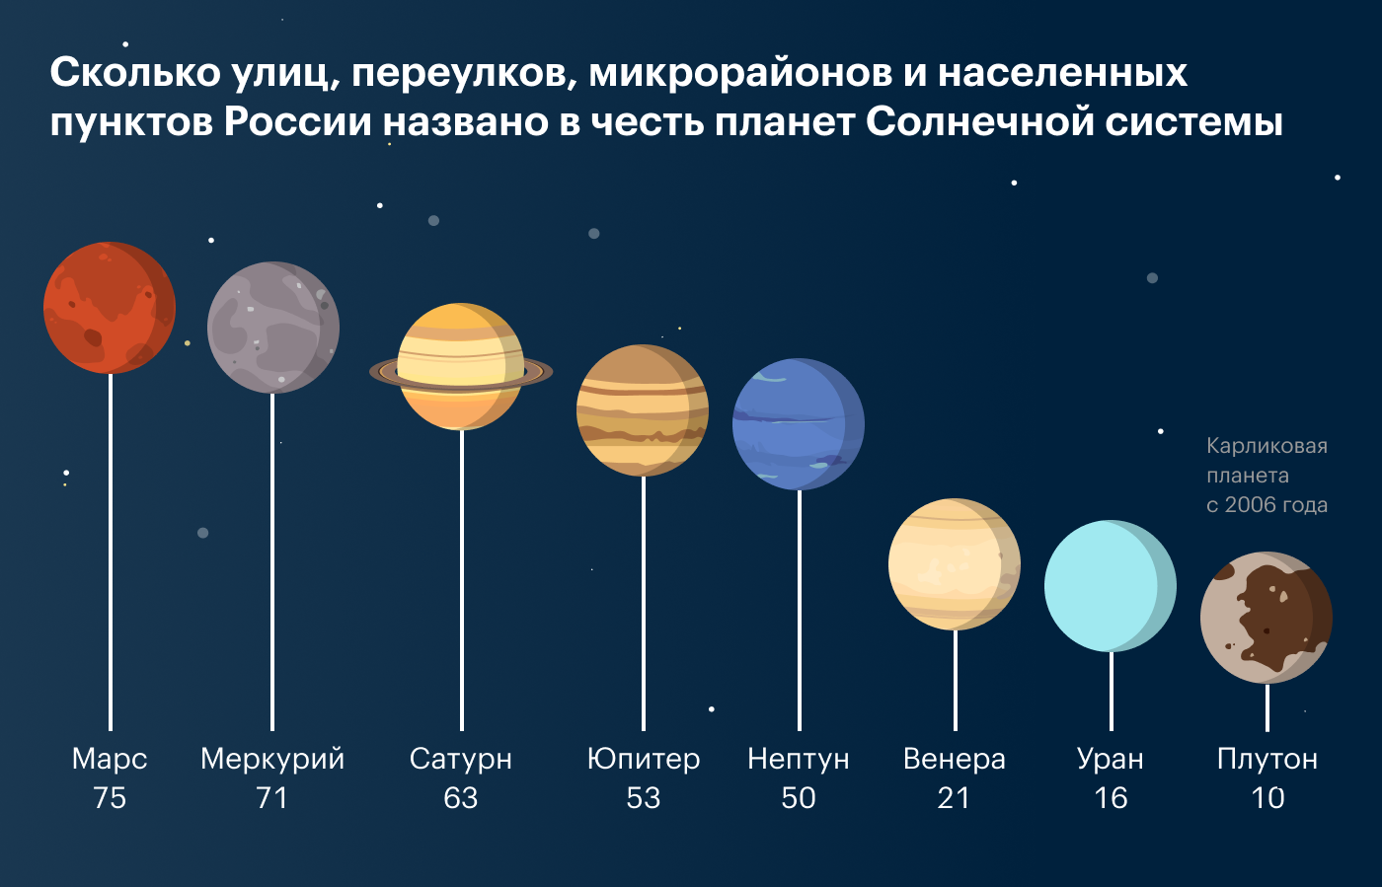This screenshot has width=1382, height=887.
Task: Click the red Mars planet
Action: pos(110,308)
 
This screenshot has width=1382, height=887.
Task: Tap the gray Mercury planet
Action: pos(273,328)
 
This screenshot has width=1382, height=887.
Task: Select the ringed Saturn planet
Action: pos(461,367)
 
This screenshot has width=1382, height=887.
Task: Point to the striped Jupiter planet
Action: pos(643,410)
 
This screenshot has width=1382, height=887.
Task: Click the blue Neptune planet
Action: pos(799,424)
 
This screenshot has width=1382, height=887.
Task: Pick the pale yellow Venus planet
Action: pos(955,564)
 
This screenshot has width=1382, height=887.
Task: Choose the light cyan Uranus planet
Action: pos(1111,586)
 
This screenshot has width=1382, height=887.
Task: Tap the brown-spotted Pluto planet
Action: pos(1267,618)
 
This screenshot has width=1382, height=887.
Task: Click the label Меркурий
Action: pos(272,759)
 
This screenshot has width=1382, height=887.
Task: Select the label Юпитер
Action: pos(644,760)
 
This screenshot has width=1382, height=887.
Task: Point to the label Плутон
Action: pos(1267,760)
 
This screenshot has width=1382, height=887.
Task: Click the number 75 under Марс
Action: pos(110,798)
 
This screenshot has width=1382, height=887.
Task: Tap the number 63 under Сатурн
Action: pos(461,798)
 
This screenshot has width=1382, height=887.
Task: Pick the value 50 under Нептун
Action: pos(799,798)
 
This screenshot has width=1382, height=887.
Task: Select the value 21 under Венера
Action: pos(954,798)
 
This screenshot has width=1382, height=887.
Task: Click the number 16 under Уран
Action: pos(1111,798)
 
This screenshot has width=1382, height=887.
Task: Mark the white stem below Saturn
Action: pos(462,580)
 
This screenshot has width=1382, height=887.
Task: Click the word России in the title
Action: pos(297,122)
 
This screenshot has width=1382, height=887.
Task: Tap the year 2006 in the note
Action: pos(1250,505)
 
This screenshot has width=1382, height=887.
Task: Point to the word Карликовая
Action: pos(1267,446)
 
